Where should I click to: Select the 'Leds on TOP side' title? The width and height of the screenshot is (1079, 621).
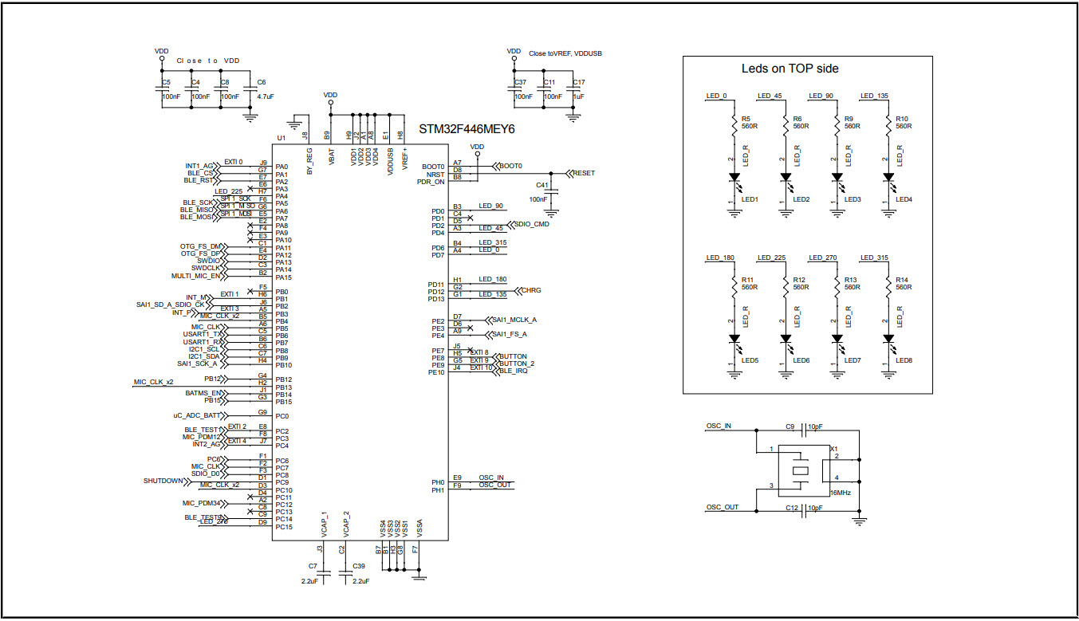pyautogui.click(x=790, y=69)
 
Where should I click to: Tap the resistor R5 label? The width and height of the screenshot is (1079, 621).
pyautogui.click(x=746, y=118)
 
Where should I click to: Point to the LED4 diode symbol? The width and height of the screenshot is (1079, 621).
pyautogui.click(x=888, y=178)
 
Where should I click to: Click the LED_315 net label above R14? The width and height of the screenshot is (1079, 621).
pyautogui.click(x=872, y=257)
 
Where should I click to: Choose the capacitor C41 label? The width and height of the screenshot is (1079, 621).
pyautogui.click(x=542, y=184)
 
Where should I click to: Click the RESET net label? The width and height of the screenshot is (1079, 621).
pyautogui.click(x=584, y=173)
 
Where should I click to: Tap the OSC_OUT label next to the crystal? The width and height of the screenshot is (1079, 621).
pyautogui.click(x=722, y=507)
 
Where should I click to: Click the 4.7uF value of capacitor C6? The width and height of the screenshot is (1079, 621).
pyautogui.click(x=265, y=96)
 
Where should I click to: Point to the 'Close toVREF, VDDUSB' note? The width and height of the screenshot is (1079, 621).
pyautogui.click(x=565, y=53)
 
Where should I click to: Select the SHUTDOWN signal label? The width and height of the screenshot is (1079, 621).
pyautogui.click(x=163, y=481)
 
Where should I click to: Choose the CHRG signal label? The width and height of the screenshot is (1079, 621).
pyautogui.click(x=530, y=290)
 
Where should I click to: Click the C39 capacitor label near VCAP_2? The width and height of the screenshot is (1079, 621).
pyautogui.click(x=358, y=565)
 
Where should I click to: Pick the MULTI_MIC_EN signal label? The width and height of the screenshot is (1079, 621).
pyautogui.click(x=195, y=276)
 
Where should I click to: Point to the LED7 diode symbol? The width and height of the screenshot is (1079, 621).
pyautogui.click(x=837, y=339)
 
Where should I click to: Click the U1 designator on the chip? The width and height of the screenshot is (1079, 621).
pyautogui.click(x=280, y=138)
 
